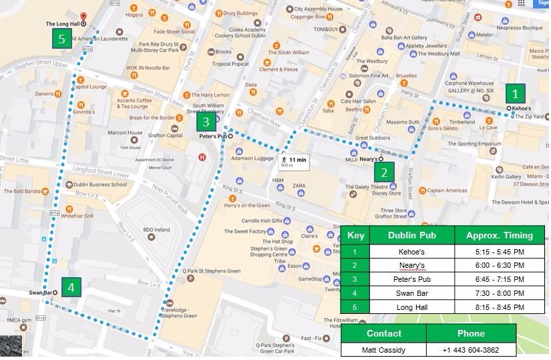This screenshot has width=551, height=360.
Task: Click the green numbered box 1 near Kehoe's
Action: point(514,92)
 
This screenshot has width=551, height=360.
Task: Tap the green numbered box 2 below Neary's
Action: point(383,172)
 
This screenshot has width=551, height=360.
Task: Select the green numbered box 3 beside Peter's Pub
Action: point(206,122)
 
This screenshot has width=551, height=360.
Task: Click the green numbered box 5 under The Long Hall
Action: point(62,39)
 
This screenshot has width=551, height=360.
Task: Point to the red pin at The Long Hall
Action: point(83,18)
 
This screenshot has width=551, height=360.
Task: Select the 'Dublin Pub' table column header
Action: point(412,235)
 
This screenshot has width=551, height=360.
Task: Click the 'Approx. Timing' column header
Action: point(499,235)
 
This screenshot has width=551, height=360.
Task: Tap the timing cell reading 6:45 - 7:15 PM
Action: point(499,279)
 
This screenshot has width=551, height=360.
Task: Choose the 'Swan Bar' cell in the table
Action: point(412,293)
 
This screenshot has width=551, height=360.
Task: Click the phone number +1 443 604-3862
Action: point(471,350)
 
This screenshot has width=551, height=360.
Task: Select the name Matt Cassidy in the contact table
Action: point(383,350)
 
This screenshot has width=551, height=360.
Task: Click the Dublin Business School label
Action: point(100,184)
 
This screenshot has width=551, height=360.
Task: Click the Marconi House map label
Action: point(126,132)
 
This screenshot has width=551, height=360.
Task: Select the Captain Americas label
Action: point(447,190)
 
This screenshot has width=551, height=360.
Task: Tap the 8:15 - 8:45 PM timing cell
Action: point(499,307)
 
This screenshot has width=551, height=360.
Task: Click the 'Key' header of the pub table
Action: point(355,235)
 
